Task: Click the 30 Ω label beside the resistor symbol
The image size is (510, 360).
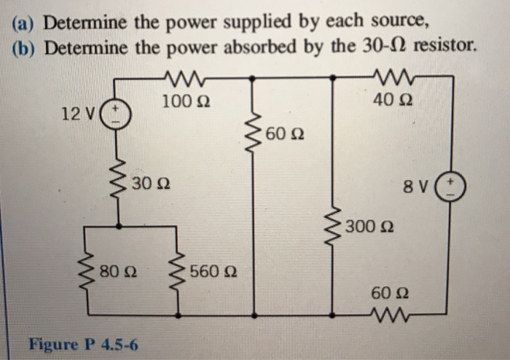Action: click(151, 181)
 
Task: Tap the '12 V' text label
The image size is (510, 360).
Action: click(78, 114)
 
